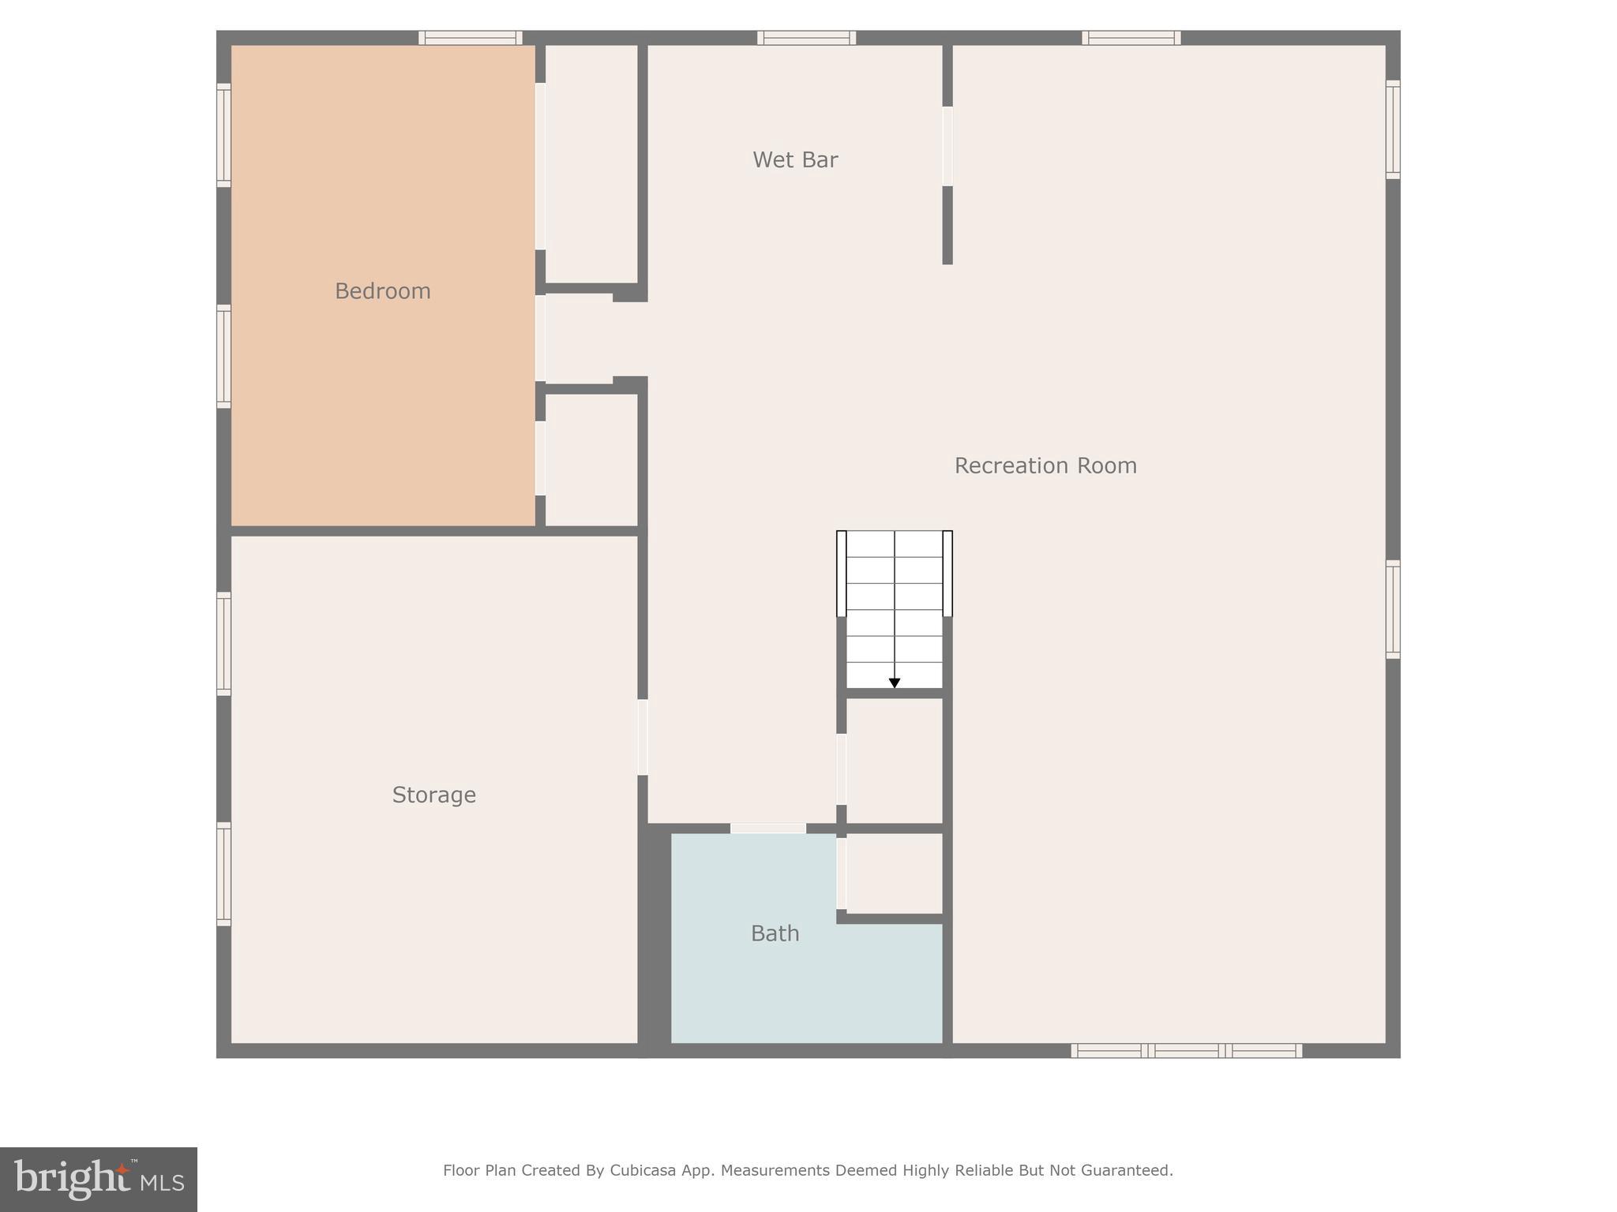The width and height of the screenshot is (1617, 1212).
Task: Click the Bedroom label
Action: tap(383, 291)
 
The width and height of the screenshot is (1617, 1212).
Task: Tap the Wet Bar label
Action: tap(795, 160)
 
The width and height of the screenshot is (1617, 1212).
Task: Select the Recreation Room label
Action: tap(1045, 466)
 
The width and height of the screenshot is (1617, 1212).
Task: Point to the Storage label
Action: tap(434, 795)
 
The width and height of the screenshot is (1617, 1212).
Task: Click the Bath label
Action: tap(775, 933)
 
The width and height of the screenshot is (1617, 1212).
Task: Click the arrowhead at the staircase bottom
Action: tap(895, 683)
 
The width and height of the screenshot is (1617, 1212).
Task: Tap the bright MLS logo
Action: tap(99, 1180)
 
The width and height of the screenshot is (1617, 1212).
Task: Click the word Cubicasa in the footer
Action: tap(642, 1170)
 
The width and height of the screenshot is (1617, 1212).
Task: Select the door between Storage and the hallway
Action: tap(643, 737)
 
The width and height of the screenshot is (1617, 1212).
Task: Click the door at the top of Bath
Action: tap(767, 828)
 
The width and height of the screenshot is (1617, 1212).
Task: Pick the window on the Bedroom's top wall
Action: tap(470, 38)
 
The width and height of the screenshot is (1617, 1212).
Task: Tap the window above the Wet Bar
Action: tap(806, 38)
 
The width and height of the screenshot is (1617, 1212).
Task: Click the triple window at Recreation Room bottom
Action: tap(1186, 1050)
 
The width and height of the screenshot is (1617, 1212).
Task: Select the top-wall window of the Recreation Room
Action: tap(1131, 38)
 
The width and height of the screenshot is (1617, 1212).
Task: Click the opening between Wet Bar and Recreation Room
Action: tap(947, 146)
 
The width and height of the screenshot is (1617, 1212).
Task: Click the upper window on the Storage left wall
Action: tap(224, 644)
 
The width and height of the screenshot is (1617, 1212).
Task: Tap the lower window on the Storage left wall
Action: tap(224, 873)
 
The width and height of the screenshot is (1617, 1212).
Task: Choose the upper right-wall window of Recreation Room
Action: tap(1393, 129)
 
